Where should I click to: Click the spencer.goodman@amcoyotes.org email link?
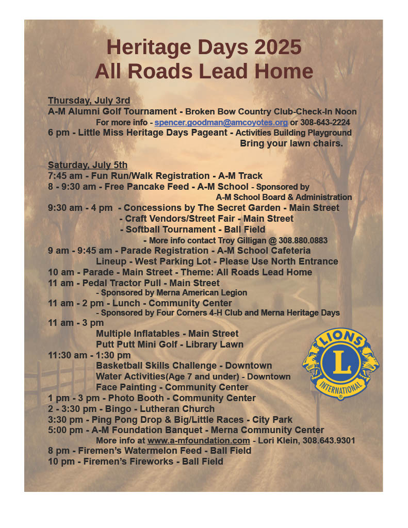point(221,123)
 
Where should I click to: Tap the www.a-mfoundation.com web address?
point(199,440)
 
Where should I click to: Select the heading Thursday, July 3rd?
point(89,101)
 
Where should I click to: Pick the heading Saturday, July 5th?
point(88,165)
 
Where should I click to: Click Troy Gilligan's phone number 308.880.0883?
point(303,241)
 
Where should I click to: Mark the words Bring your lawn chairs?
point(291,144)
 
